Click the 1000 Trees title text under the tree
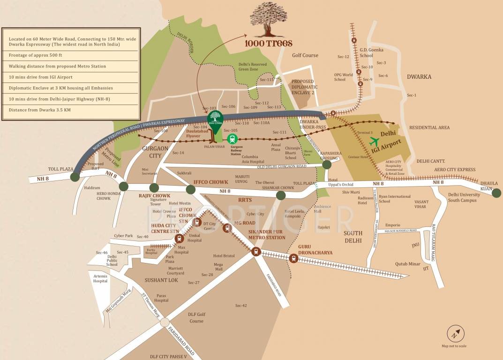[x=268, y=43]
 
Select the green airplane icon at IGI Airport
[x=375, y=141]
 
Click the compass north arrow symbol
[x=454, y=334]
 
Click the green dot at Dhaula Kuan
[x=496, y=192]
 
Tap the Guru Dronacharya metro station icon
[x=293, y=257]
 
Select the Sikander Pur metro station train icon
[x=256, y=251]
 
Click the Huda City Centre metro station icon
[x=179, y=238]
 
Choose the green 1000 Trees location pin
[x=216, y=121]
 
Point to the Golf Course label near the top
[x=305, y=55]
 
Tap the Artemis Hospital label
[x=100, y=278]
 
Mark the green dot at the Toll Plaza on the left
[x=75, y=177]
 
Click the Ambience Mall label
[x=322, y=209]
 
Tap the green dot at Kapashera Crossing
[x=326, y=164]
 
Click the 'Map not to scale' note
[x=454, y=346]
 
